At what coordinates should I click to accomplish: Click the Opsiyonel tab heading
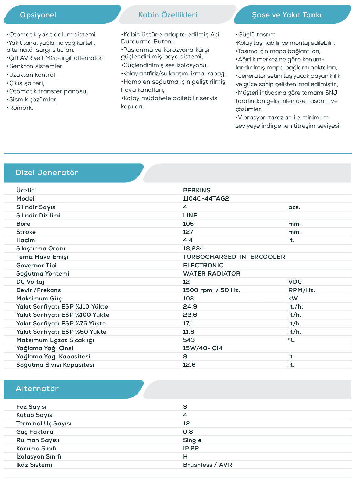coord(38,15)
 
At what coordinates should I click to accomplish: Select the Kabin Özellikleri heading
coord(168,15)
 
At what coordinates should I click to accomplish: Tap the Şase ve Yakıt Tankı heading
coord(286,15)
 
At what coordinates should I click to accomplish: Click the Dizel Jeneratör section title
coord(47,173)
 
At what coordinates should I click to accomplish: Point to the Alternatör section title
coord(37,389)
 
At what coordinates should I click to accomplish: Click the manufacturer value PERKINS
coord(197,190)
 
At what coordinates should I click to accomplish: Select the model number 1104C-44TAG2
coord(206,198)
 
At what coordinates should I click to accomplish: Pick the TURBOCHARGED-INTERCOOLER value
coord(234,257)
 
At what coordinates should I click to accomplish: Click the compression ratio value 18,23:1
coord(193,248)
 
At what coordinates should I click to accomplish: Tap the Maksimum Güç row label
coord(39,298)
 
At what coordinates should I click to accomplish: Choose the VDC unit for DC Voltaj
coord(295,282)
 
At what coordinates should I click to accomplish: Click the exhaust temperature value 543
coord(189,340)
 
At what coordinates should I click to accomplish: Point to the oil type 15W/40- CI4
coord(202,348)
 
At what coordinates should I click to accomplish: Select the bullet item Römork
coord(21,108)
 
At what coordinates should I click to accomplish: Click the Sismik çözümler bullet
coord(33,99)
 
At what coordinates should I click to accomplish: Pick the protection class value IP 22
coord(191,448)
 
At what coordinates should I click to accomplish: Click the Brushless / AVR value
coord(208,465)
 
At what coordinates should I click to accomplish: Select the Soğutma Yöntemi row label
coord(43,273)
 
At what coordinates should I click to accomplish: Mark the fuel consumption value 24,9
coord(190,306)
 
